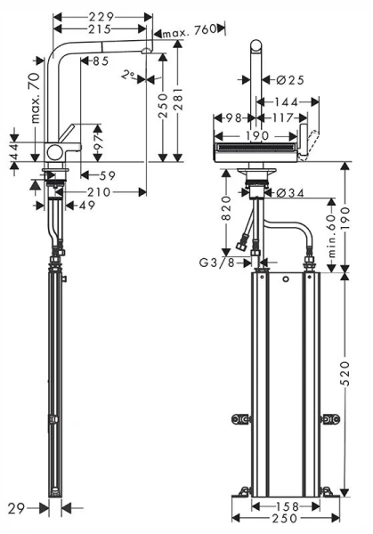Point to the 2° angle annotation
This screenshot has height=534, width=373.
click(130, 77)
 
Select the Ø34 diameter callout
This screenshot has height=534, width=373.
click(289, 192)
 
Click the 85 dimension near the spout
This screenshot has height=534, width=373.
click(99, 61)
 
